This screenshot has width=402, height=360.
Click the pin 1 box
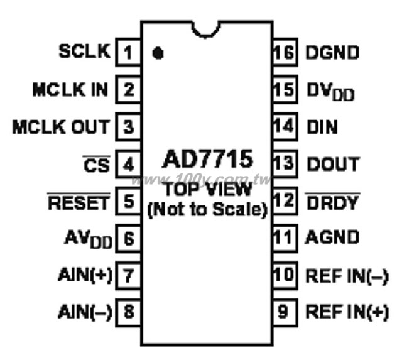128,52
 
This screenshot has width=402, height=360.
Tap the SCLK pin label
85,51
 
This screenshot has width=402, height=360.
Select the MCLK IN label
70,89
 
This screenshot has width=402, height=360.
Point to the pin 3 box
128,126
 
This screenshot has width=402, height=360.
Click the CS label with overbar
97,163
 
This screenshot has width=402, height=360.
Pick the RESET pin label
79,202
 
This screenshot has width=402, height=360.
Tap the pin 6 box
128,238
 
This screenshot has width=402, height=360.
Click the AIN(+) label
85,275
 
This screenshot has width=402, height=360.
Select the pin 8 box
128,312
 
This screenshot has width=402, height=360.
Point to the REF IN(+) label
347,312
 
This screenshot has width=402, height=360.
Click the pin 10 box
285,275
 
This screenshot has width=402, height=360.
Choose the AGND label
332,237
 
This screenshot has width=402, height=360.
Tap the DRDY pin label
332,202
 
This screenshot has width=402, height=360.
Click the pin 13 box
285,163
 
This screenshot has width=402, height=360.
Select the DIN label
322,127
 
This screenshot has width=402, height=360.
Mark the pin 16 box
285,52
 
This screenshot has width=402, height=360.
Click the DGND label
332,53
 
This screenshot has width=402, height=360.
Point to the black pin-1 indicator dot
158,53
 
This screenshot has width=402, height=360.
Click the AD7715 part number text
208,159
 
